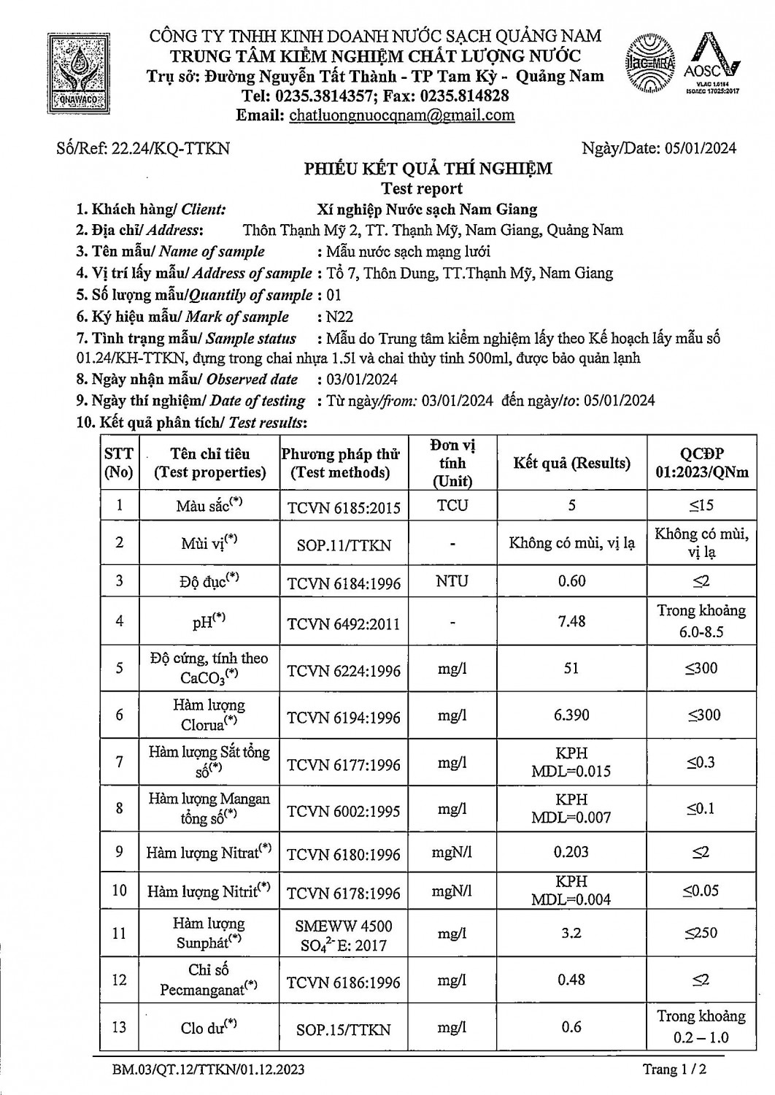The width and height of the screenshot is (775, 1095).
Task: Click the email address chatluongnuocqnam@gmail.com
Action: point(401,115)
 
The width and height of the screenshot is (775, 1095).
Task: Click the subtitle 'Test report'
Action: point(422,188)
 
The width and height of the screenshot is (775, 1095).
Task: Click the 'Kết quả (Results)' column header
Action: point(571,463)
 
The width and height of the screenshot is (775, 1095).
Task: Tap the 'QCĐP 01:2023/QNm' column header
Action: point(701,463)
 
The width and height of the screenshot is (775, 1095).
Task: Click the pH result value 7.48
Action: point(571,621)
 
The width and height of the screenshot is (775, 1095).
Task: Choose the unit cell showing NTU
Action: point(452,581)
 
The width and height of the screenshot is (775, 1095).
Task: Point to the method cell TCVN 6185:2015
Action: point(344,507)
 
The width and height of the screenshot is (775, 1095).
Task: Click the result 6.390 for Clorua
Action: point(571,715)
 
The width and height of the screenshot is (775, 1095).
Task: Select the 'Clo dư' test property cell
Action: point(209,1028)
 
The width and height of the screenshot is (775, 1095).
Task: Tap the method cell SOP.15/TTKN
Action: point(344,1029)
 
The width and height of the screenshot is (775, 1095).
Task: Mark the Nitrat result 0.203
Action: point(571,852)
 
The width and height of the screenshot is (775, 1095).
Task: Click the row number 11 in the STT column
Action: point(119,933)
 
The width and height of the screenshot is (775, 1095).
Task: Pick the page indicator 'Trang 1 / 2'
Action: point(675,1069)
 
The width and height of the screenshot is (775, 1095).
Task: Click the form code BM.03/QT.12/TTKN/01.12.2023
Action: point(209,1070)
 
